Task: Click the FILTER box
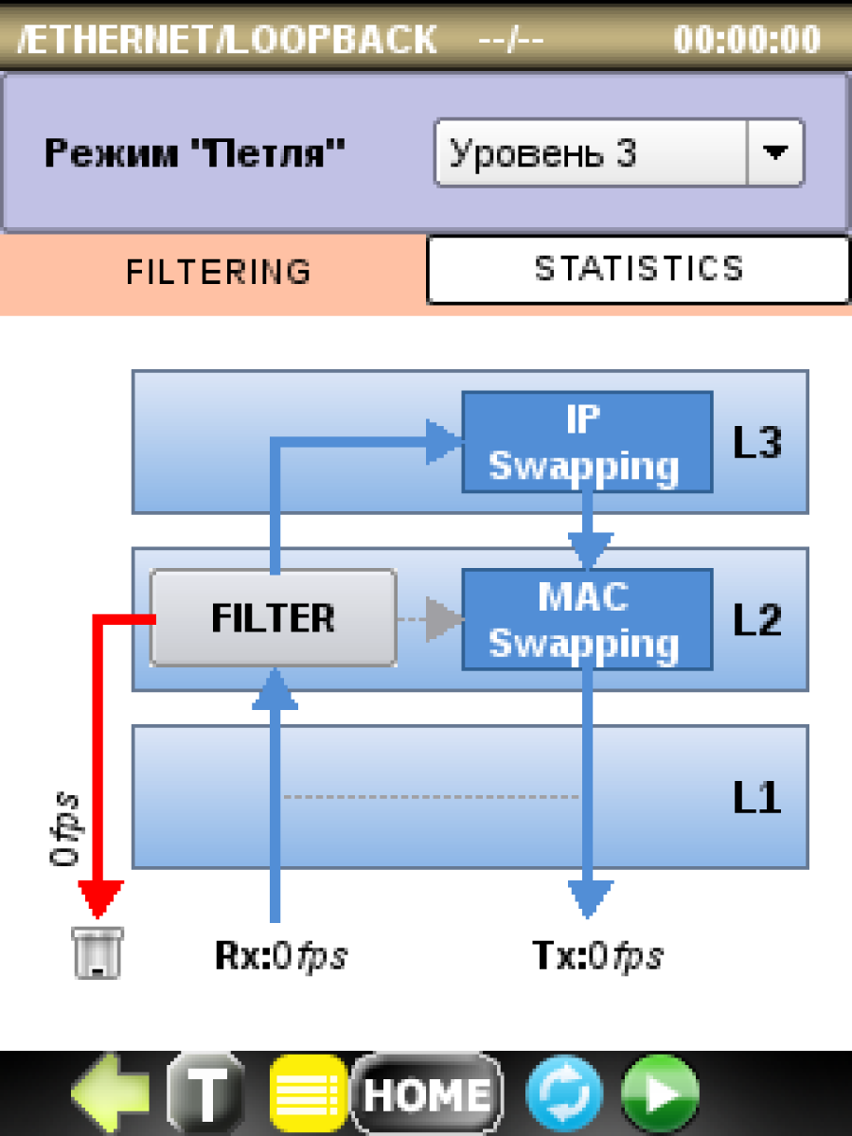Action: pos(274,617)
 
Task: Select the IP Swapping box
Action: pos(587,442)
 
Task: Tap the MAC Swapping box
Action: pos(587,619)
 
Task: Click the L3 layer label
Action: pos(757,442)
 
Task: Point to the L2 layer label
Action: pos(757,619)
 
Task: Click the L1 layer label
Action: pos(757,798)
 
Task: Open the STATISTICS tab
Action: pos(638,270)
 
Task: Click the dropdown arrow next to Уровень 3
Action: pos(775,152)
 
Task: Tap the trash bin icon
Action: pos(98,952)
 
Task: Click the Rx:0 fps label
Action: pos(281,956)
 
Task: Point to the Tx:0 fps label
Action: pos(597,956)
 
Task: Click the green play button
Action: pos(660,1092)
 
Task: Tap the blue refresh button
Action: pos(564,1092)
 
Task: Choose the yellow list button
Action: pos(309,1092)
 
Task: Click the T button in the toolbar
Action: pos(207,1092)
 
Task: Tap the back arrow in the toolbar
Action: pos(111,1092)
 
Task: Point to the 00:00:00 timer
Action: pos(747,39)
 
